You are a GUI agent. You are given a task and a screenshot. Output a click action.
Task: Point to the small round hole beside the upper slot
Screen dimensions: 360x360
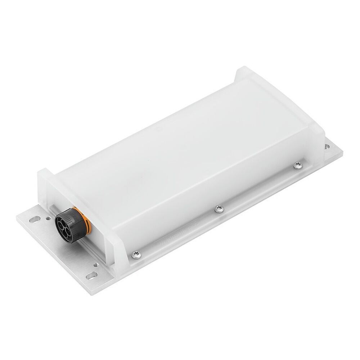(48, 218)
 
